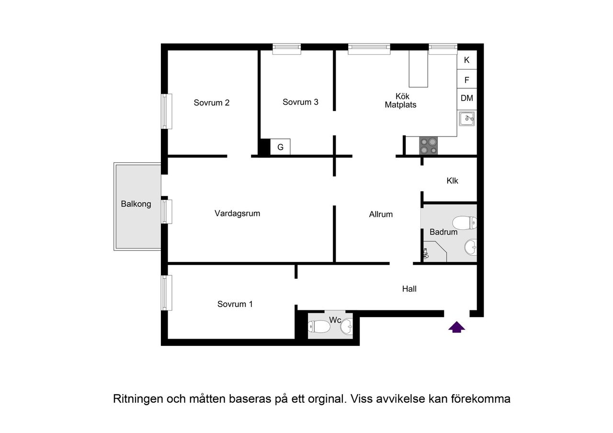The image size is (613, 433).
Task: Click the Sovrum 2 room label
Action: [x=211, y=103]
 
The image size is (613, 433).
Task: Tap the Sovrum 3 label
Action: [x=300, y=102]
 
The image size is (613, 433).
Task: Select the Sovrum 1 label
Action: [x=235, y=304]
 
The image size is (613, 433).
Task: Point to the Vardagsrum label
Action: [x=237, y=214]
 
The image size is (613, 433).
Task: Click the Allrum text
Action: [x=381, y=215]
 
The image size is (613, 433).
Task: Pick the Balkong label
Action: [x=136, y=204]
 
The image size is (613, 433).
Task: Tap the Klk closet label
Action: [x=452, y=181]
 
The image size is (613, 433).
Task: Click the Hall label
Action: [x=409, y=289]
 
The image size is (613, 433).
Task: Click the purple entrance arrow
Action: [x=457, y=327]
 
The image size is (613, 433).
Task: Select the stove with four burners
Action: [x=429, y=146]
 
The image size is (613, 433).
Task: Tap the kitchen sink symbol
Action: [x=466, y=118]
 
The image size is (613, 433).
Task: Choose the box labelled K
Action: [x=467, y=61]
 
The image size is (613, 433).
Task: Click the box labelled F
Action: [x=467, y=80]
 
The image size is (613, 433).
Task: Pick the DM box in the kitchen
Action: [x=467, y=98]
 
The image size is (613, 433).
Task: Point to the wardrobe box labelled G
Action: [x=281, y=148]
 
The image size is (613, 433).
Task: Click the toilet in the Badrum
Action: [x=465, y=223]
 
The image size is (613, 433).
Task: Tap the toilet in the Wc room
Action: [x=319, y=327]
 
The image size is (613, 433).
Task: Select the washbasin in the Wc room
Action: [x=346, y=327]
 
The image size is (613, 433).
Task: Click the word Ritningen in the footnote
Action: [x=136, y=399]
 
